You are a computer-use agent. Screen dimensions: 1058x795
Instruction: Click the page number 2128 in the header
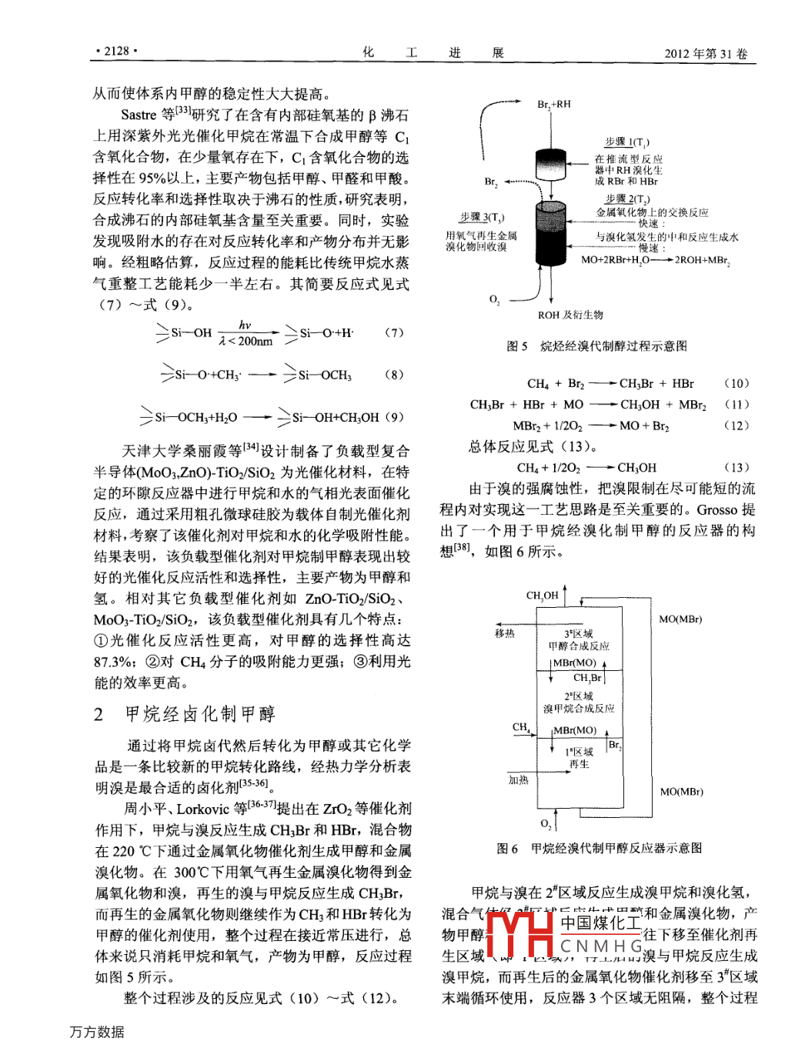click(x=116, y=51)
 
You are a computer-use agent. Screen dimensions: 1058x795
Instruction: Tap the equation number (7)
click(x=393, y=332)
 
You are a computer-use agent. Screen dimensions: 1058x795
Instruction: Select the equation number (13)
click(x=736, y=467)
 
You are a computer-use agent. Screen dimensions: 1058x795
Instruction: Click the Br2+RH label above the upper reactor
click(x=553, y=104)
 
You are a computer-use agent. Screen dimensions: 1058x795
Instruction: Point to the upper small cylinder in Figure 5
click(x=552, y=163)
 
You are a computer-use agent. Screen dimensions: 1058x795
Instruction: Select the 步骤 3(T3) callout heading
click(x=482, y=218)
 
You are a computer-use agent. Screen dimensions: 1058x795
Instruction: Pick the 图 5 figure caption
click(x=596, y=346)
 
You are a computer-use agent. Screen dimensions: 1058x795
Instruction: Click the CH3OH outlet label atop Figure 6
click(x=542, y=596)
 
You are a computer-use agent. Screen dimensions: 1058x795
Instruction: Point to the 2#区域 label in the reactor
click(x=579, y=696)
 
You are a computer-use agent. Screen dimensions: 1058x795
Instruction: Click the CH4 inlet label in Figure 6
click(x=521, y=727)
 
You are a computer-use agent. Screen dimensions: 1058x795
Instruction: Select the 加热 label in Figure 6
click(x=518, y=779)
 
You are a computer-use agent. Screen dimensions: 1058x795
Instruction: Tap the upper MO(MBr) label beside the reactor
click(x=680, y=619)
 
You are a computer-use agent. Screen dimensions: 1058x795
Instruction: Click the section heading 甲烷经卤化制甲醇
click(x=200, y=714)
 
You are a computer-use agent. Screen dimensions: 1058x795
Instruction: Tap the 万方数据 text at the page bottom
click(x=97, y=1032)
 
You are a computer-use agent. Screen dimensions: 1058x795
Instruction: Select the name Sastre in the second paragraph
click(x=139, y=115)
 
